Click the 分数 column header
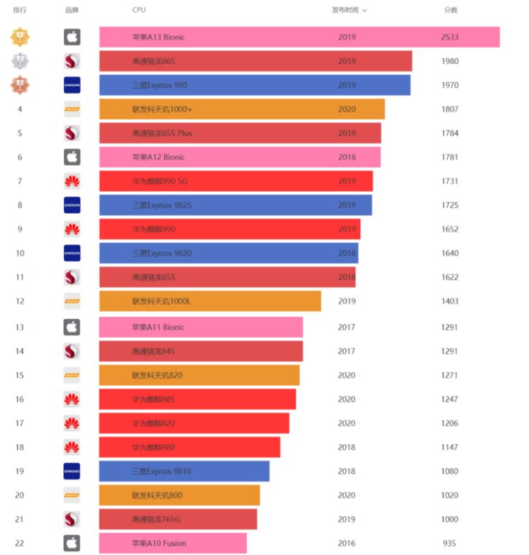pyautogui.click(x=451, y=10)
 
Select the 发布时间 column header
pyautogui.click(x=349, y=10)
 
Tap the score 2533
pyautogui.click(x=449, y=37)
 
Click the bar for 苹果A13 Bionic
pyautogui.click(x=299, y=37)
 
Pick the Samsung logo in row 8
pyautogui.click(x=72, y=205)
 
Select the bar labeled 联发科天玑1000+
pyautogui.click(x=242, y=110)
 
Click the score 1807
pyautogui.click(x=449, y=110)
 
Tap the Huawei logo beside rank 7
pyautogui.click(x=72, y=182)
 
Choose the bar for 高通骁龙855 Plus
pyautogui.click(x=240, y=133)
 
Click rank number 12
pyautogui.click(x=20, y=302)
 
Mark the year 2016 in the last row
pyautogui.click(x=347, y=543)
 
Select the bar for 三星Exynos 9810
pyautogui.click(x=184, y=472)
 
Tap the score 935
pyautogui.click(x=449, y=543)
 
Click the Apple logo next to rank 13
pyautogui.click(x=72, y=327)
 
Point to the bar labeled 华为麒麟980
pyautogui.click(x=190, y=447)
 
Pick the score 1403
pyautogui.click(x=449, y=302)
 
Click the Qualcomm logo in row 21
pyautogui.click(x=72, y=520)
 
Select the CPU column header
pyautogui.click(x=139, y=10)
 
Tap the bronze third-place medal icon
pyautogui.click(x=20, y=85)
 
